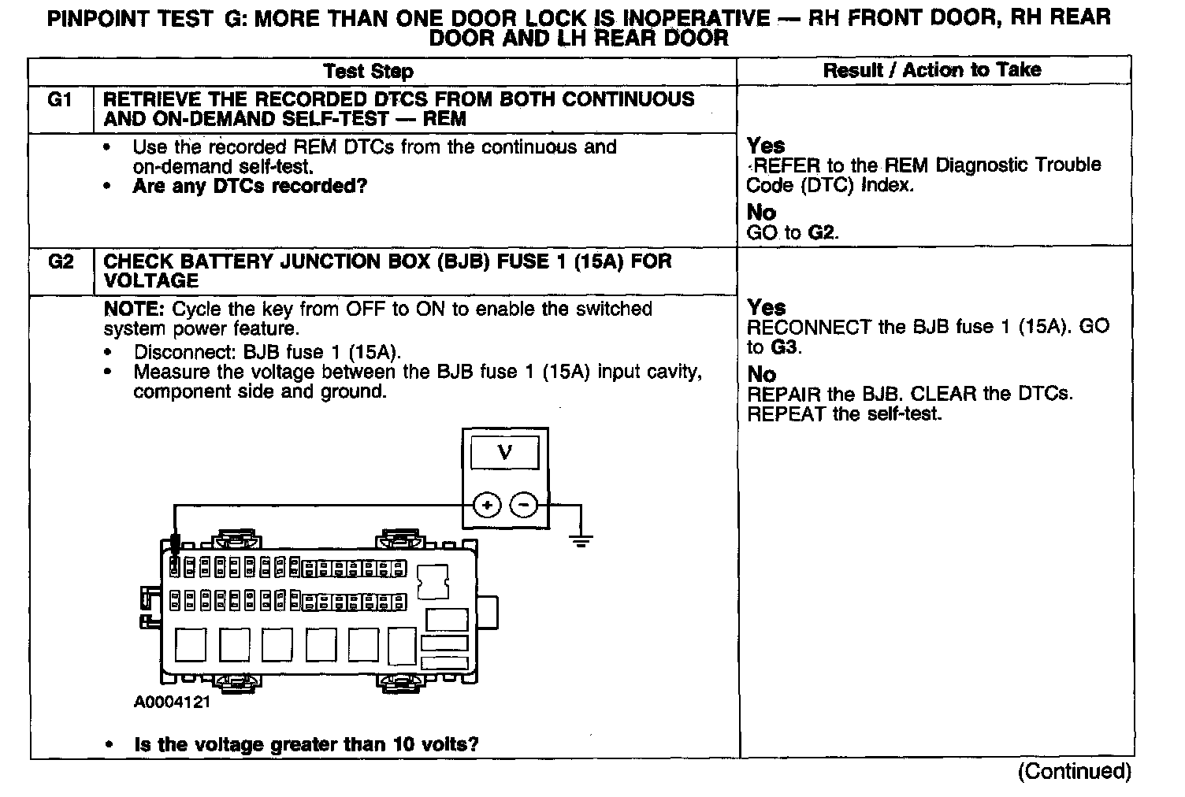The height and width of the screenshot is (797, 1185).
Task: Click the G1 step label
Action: point(60,100)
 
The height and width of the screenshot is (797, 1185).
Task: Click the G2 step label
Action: point(60,261)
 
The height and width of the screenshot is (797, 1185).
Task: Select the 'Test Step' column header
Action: point(368,72)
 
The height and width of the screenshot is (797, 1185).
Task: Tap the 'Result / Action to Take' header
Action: point(932,70)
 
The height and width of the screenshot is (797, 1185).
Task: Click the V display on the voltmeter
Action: point(504,453)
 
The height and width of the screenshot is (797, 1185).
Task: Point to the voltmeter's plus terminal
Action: point(488,504)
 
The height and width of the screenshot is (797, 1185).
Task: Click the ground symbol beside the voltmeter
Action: point(581,539)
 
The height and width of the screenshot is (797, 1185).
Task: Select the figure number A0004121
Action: point(172,702)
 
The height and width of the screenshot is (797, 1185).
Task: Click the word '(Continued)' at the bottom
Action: point(1074,771)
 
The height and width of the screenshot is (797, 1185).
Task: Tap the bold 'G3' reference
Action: point(784,347)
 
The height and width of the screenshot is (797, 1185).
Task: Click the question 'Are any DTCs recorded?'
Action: point(250,187)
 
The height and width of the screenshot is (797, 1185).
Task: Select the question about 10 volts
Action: point(306,744)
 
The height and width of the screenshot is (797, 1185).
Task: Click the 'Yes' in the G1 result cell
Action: point(766,146)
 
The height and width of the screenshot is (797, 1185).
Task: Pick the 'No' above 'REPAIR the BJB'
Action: point(761,374)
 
